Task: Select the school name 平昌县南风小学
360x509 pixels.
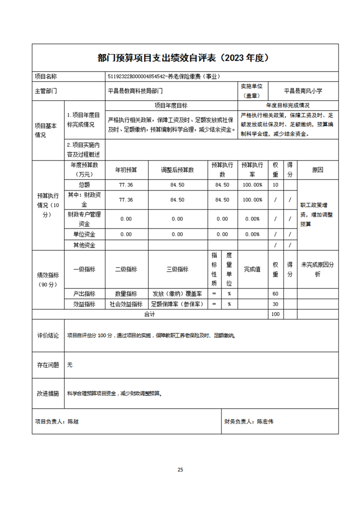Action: tap(303, 91)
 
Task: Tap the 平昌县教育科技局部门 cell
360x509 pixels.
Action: tap(135, 91)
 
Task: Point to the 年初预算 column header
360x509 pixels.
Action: tap(126, 170)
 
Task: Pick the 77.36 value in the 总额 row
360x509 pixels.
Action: tap(126, 185)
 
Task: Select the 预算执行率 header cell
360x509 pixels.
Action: tap(252, 170)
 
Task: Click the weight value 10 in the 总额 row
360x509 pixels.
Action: tap(275, 185)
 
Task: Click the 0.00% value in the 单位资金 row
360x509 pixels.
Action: tap(252, 235)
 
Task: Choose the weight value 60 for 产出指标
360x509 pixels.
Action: tap(275, 294)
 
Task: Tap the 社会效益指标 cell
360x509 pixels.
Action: tap(126, 304)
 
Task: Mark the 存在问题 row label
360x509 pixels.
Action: tap(48, 365)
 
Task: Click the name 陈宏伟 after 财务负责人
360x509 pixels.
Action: tap(266, 421)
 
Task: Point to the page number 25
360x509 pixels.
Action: tap(180, 470)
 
